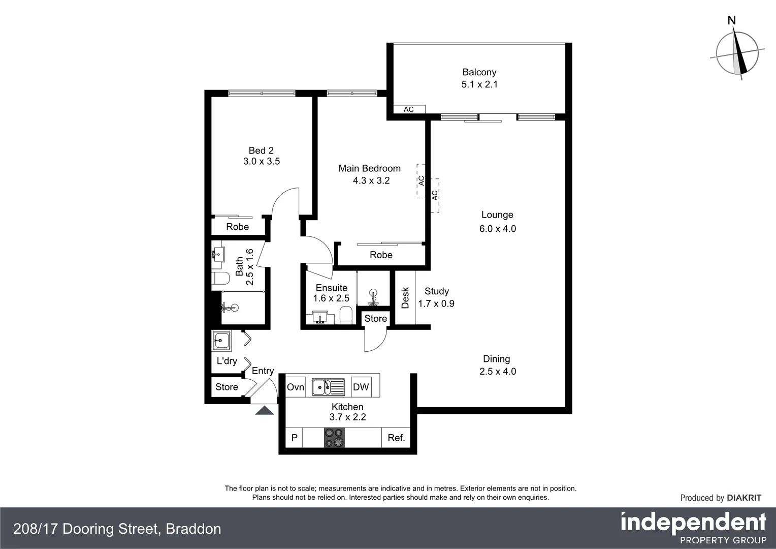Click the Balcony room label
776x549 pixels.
pos(479,72)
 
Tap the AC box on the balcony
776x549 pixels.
pos(409,109)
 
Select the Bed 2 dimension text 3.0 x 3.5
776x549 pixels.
pos(262,162)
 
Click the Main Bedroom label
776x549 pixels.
pos(369,168)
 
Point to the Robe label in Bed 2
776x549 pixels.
pos(238,227)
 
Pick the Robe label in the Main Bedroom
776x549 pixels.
pos(381,255)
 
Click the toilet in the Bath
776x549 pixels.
pos(220,278)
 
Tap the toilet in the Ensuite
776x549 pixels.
pos(346,315)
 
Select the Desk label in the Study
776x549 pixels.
pos(405,298)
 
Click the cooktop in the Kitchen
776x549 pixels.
pos(334,437)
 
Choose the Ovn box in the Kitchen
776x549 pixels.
pos(295,387)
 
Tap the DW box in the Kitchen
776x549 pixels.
pos(361,387)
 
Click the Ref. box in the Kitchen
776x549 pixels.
pos(396,438)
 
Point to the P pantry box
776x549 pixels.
pos(294,438)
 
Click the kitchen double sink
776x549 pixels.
pos(328,387)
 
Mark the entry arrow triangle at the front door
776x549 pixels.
pos(264,410)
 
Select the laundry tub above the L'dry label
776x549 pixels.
pos(221,340)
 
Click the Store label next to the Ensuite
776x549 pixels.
pos(376,319)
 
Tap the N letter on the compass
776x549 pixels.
pos(732,20)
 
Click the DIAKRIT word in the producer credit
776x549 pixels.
pos(744,498)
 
